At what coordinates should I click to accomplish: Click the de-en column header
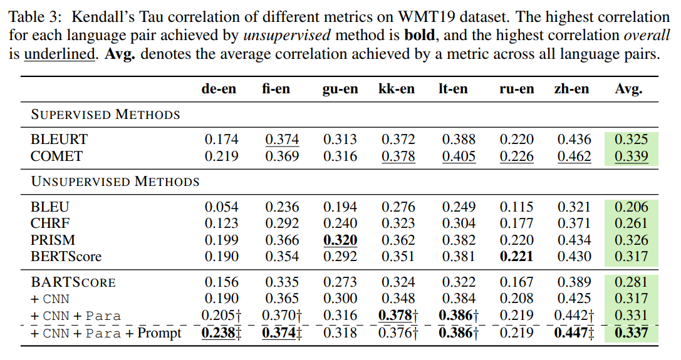219,89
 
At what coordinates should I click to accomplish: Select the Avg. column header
628,89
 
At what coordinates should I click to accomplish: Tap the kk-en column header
396,89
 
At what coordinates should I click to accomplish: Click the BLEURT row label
60,140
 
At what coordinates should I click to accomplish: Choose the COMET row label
57,156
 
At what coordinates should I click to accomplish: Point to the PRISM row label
53,240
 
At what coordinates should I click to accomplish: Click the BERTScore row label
66,256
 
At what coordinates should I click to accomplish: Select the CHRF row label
51,224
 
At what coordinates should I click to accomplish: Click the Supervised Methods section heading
105,115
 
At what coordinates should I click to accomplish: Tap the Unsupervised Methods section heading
115,182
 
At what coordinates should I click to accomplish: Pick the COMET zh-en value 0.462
574,156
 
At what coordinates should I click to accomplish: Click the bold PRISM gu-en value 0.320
340,240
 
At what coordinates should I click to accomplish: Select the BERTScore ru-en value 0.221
517,256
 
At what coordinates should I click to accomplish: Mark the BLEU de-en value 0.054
221,207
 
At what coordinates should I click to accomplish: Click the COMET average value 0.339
631,156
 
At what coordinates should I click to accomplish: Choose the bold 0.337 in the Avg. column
631,332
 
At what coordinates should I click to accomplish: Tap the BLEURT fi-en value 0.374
281,140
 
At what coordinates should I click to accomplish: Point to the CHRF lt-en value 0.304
459,224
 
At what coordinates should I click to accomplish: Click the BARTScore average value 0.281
631,282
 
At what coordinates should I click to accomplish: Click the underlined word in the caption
59,54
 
